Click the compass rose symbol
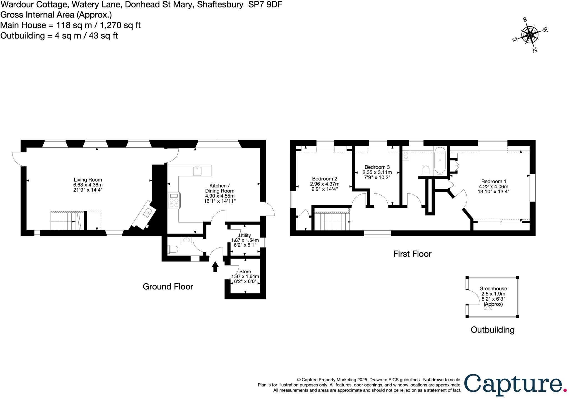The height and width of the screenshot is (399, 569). pyautogui.click(x=530, y=35)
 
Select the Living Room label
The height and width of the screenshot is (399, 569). pyautogui.click(x=88, y=180)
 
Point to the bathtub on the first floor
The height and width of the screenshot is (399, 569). pyautogui.click(x=440, y=161)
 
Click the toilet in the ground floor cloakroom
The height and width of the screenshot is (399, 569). pyautogui.click(x=173, y=249)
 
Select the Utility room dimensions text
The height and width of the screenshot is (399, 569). pyautogui.click(x=245, y=240)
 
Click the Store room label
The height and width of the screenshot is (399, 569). pyautogui.click(x=245, y=271)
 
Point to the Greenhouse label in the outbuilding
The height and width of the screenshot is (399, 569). pyautogui.click(x=493, y=289)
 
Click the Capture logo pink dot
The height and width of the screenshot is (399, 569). pyautogui.click(x=565, y=390)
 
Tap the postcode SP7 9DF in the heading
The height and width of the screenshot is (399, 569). pyautogui.click(x=265, y=5)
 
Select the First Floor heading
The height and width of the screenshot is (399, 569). pyautogui.click(x=412, y=254)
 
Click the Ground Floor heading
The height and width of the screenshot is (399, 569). pyautogui.click(x=168, y=287)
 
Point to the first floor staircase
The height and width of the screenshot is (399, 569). pyautogui.click(x=332, y=222)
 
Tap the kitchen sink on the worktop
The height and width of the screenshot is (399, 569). pyautogui.click(x=197, y=171)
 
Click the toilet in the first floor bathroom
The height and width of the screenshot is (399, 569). pyautogui.click(x=426, y=171)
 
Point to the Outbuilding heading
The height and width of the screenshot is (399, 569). pyautogui.click(x=492, y=330)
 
